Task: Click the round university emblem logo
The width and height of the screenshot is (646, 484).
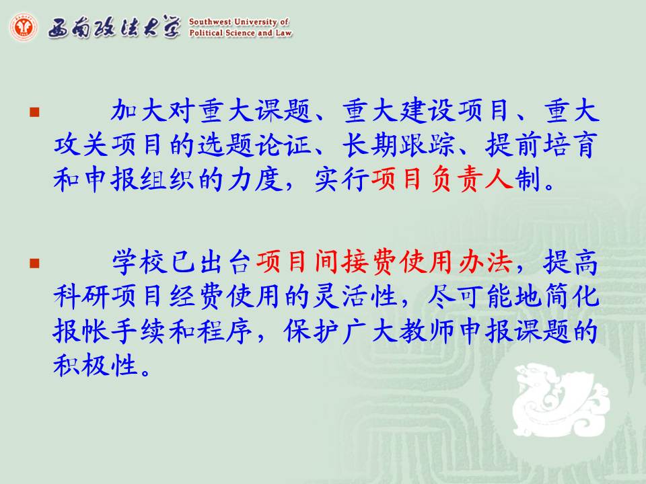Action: (x=23, y=27)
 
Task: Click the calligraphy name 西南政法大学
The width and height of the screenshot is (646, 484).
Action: (x=114, y=28)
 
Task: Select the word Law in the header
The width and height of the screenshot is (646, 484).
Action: (x=283, y=32)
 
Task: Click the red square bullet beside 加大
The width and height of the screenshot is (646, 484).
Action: (x=34, y=112)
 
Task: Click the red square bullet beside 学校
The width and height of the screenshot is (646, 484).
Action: (x=34, y=263)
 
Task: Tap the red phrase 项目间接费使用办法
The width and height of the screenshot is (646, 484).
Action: (x=384, y=262)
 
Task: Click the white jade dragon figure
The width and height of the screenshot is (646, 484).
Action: (x=559, y=399)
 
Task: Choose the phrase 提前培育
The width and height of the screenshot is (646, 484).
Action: (x=541, y=145)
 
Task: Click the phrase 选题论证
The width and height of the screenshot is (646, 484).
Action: (x=254, y=145)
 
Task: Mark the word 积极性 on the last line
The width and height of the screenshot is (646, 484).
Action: (x=95, y=365)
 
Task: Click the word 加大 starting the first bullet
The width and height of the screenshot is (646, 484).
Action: (x=139, y=111)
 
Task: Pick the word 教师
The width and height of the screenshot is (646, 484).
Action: (x=427, y=331)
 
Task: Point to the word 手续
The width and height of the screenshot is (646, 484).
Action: (x=139, y=331)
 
